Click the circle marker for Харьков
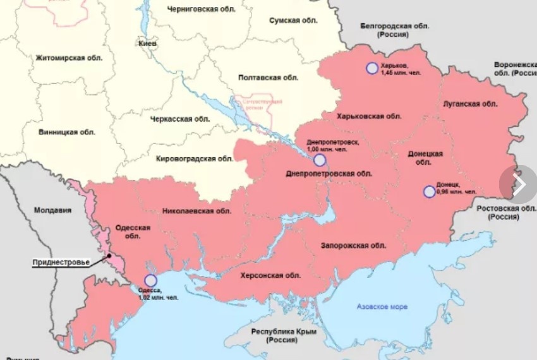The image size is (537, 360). point(372,68)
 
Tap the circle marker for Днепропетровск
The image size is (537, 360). point(320,160)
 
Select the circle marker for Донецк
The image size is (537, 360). point(429,191)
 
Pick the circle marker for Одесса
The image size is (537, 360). point(150,281)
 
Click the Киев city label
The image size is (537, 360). point(147,44)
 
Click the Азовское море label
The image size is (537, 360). point(382,307)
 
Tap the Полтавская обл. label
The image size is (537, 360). point(268,77)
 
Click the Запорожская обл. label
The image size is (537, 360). point(353,245)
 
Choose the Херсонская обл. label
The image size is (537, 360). point(270,276)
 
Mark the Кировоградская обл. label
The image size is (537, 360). point(194,159)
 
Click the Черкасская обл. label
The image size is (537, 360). point(180,119)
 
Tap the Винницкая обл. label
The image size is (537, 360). point(66,132)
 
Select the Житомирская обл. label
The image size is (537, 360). point(69,57)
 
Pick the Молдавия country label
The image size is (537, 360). point(52,210)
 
